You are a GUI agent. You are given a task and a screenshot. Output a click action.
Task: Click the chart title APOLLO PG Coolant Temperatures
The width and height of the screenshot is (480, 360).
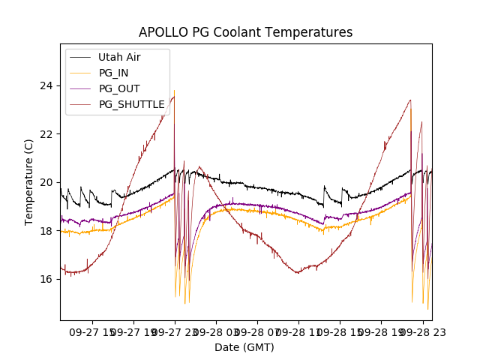point(245,32)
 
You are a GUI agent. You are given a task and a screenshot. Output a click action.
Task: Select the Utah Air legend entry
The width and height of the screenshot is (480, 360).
point(119,57)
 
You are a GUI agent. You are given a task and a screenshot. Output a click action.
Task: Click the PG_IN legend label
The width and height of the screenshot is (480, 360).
point(113,73)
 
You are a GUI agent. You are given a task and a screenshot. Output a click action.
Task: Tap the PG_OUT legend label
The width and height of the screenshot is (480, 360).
point(119,88)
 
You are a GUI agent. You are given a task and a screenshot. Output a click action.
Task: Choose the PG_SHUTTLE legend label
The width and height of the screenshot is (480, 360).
point(131,104)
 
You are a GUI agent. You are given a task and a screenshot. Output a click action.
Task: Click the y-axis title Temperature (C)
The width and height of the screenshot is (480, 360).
point(29,181)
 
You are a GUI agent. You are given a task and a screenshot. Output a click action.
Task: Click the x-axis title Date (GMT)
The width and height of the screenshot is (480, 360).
point(244,347)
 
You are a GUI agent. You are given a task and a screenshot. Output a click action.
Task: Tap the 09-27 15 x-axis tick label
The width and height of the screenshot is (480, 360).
point(91,330)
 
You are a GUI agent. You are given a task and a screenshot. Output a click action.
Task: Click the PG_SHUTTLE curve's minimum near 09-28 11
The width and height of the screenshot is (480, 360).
point(298,272)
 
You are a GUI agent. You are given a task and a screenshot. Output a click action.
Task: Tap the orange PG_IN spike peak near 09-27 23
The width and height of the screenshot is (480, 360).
point(175,91)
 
